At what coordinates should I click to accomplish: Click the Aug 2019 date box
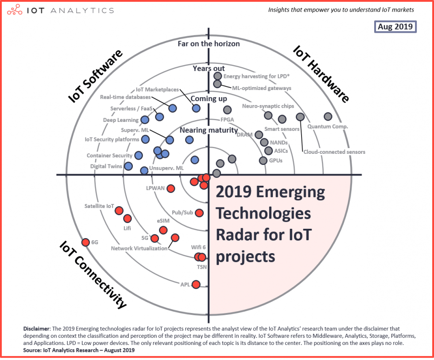tap(395, 27)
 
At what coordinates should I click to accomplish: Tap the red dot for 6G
tap(85, 242)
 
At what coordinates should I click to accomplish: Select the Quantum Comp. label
tap(328, 126)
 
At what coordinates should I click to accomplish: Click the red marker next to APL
tap(196, 284)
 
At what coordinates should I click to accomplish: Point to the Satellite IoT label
tap(99, 206)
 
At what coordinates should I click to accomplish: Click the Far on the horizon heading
tap(209, 43)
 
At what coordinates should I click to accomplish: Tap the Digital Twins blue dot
tap(128, 166)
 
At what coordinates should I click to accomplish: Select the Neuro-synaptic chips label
tap(267, 106)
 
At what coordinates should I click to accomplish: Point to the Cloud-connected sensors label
tap(334, 152)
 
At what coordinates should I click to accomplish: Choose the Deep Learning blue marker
tap(144, 119)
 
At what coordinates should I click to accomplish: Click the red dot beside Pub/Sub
tap(199, 213)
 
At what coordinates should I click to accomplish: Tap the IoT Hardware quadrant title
tap(321, 74)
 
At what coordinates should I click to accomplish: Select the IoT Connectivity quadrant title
tap(93, 274)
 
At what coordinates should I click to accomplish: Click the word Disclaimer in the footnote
tap(37, 329)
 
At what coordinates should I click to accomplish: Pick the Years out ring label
tap(209, 68)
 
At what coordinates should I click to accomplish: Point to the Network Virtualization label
tap(139, 248)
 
